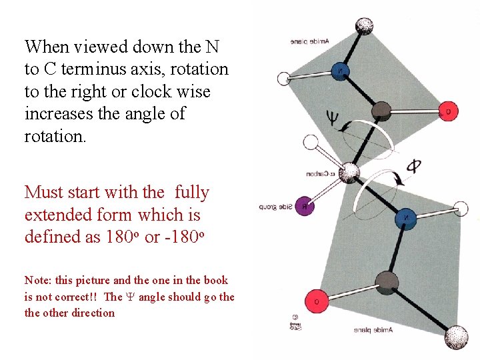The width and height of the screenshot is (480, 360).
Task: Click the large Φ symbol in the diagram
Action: (414, 166)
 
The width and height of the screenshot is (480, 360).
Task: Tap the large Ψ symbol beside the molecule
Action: (332, 119)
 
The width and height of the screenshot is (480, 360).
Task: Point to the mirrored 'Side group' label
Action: (276, 207)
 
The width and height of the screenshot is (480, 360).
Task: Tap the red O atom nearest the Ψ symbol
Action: (449, 112)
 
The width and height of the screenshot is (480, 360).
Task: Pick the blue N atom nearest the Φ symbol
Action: (407, 217)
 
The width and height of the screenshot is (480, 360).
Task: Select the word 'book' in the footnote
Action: (216, 281)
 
